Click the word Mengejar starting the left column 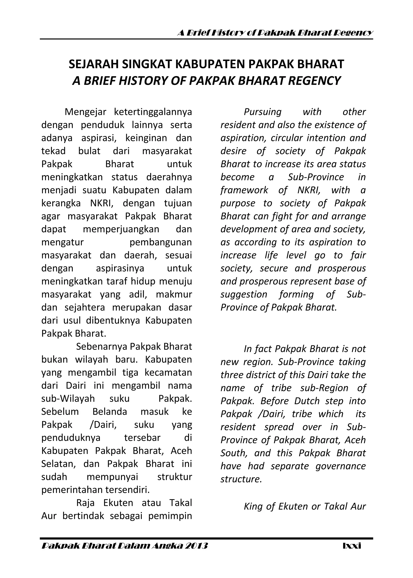pyautogui.click(x=85, y=112)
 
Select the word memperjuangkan pyautogui.click(x=121, y=229)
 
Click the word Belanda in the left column pyautogui.click(x=110, y=411)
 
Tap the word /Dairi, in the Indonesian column pyautogui.click(x=103, y=425)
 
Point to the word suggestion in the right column pyautogui.click(x=244, y=294)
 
